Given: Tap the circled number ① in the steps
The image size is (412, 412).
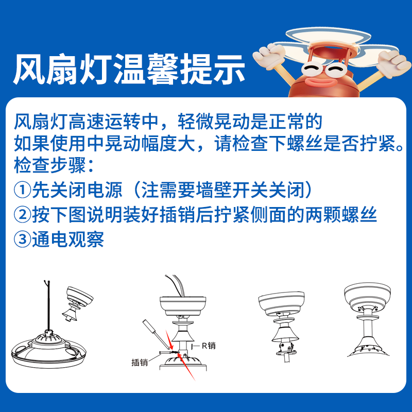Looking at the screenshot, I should coord(22,191).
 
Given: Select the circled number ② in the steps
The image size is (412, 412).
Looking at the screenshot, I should coord(22,215).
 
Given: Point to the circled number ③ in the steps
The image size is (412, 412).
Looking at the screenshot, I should coord(22,239).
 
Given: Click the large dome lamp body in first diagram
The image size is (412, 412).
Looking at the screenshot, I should coord(46,350).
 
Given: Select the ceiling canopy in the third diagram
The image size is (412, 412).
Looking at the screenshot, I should coord(278,304).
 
